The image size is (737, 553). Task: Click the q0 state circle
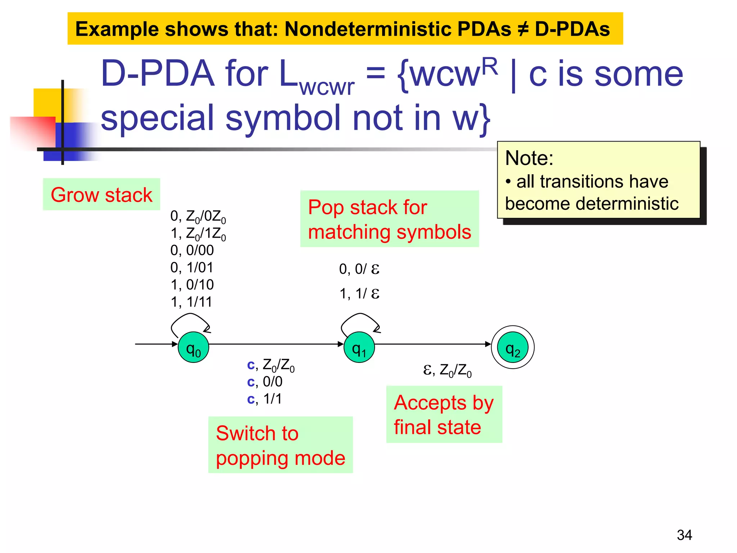pyautogui.click(x=193, y=347)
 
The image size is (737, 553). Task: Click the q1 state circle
pyautogui.click(x=359, y=347)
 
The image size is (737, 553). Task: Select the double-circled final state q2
pyautogui.click(x=512, y=347)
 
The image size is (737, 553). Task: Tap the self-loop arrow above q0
pyautogui.click(x=190, y=318)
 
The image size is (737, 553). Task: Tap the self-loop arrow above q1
pyautogui.click(x=360, y=318)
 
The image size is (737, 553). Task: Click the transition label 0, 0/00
pyautogui.click(x=192, y=250)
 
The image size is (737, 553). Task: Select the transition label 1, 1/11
pyautogui.click(x=191, y=302)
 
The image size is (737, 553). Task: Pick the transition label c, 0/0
pyautogui.click(x=264, y=382)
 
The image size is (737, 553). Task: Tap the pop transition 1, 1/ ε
pyautogui.click(x=359, y=293)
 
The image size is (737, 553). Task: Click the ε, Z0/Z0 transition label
pyautogui.click(x=447, y=370)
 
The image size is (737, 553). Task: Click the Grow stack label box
pyautogui.click(x=101, y=194)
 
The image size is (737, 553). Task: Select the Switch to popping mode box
pyautogui.click(x=280, y=445)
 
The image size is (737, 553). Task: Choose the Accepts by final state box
pyautogui.click(x=444, y=414)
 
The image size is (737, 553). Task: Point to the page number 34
pyautogui.click(x=684, y=535)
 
